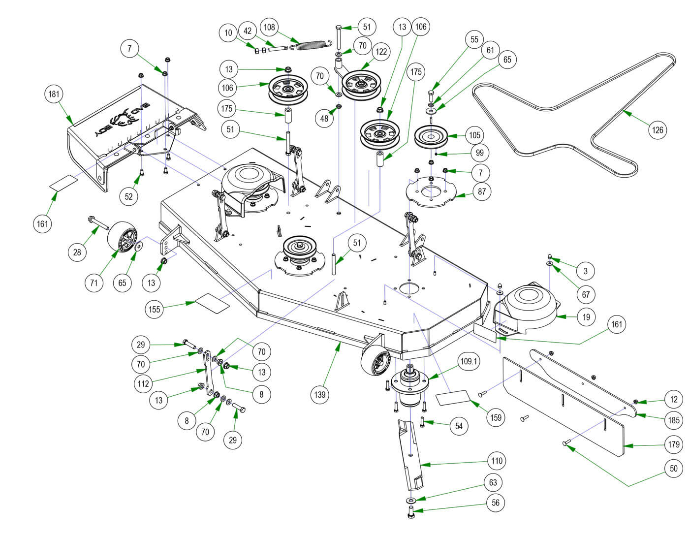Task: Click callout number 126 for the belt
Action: pos(658,130)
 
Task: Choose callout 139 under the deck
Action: pos(320,394)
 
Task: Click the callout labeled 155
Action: pos(155,309)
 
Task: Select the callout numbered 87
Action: pos(482,191)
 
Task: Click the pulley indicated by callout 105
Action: pos(431,136)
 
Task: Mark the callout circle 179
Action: pos(674,444)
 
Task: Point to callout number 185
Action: pos(674,420)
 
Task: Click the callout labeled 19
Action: pos(586,317)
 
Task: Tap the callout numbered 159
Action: pos(496,417)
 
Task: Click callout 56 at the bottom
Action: pos(496,503)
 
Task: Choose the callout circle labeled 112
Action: pos(143,383)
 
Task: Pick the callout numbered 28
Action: pos(77,252)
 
